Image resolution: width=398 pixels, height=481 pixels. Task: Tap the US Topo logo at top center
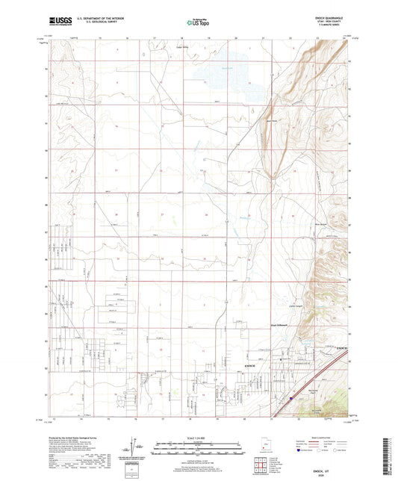coord(196,23)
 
